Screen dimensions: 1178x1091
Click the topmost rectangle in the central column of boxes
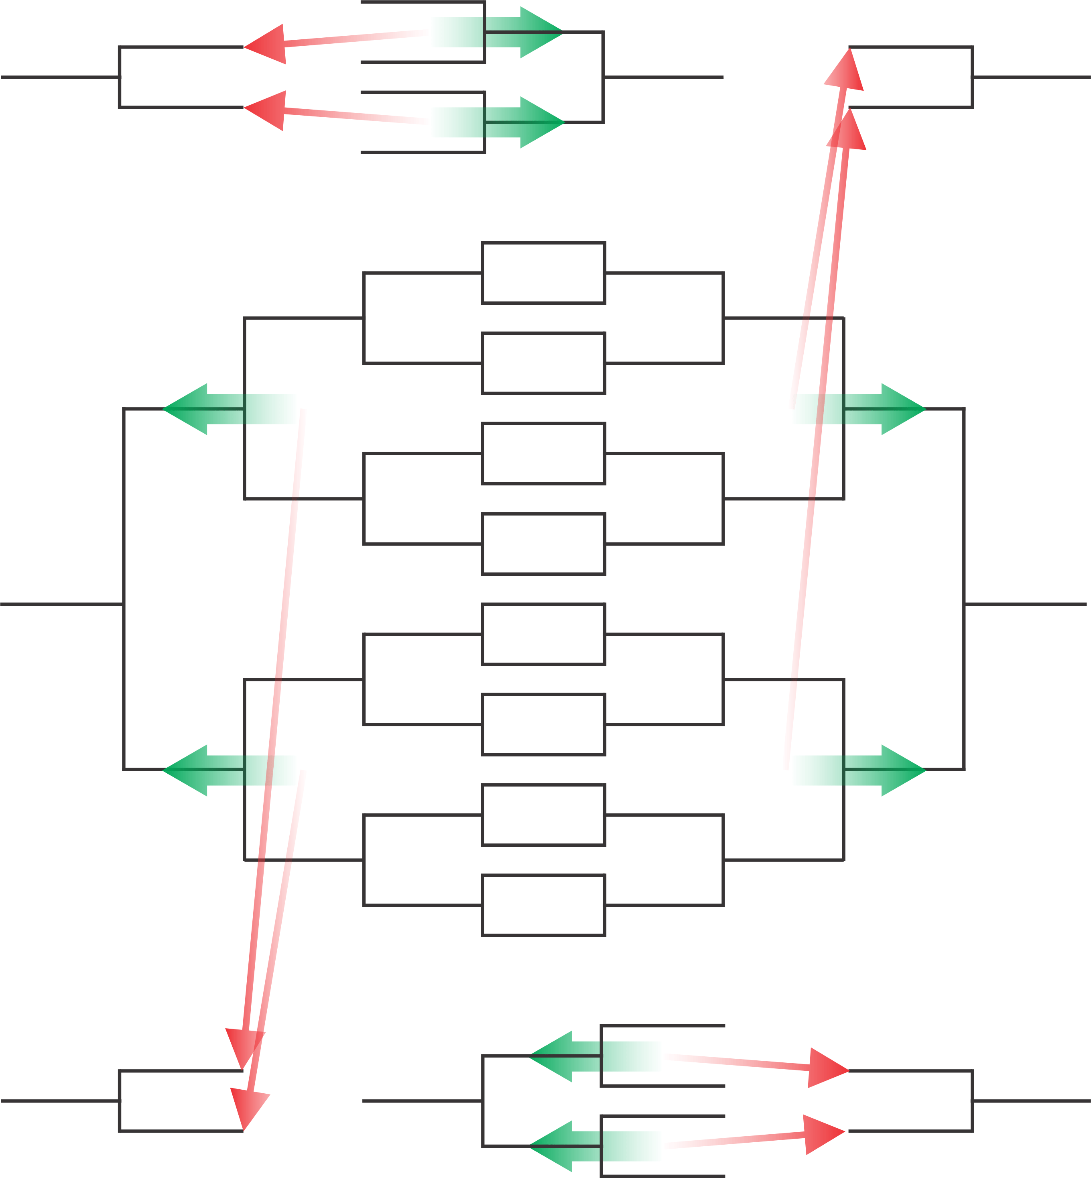(543, 273)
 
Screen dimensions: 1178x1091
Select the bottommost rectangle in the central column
(543, 905)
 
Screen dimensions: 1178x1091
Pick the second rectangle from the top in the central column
(543, 363)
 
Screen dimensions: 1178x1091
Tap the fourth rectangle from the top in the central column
(543, 544)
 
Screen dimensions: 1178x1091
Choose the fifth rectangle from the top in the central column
(543, 634)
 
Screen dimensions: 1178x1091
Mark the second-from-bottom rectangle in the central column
(543, 815)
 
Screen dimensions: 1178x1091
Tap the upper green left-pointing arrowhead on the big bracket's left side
(188, 409)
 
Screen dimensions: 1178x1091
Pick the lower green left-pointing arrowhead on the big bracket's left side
(188, 770)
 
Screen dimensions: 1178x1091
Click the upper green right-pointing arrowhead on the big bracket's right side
(900, 409)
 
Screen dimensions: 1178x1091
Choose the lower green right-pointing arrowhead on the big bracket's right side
(900, 770)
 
